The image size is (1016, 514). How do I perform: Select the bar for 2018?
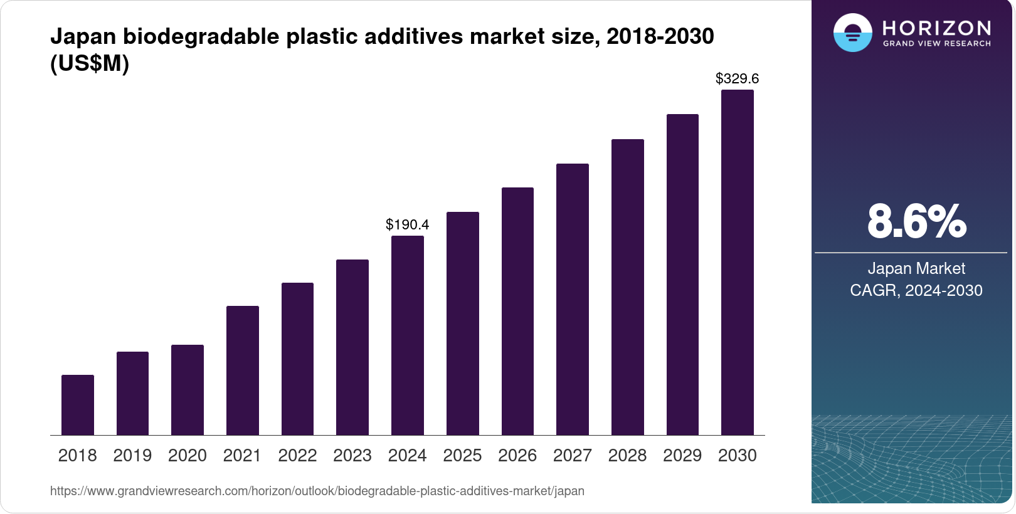tap(78, 405)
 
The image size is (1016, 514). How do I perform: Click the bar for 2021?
tap(243, 370)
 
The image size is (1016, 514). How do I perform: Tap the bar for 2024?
tap(408, 335)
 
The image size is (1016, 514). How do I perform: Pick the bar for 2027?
tap(573, 300)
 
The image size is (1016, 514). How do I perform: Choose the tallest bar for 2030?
tap(738, 263)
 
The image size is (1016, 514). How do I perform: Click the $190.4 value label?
tap(408, 224)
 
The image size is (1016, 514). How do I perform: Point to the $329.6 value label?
tap(738, 78)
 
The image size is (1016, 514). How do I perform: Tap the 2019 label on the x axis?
tap(132, 456)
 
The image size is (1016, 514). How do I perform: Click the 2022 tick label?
tap(297, 456)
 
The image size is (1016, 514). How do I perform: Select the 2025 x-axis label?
tap(462, 456)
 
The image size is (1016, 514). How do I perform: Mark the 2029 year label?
tap(682, 456)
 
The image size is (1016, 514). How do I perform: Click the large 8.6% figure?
tap(916, 221)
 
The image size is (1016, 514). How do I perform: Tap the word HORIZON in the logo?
tap(937, 28)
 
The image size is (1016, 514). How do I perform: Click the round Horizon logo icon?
tap(852, 33)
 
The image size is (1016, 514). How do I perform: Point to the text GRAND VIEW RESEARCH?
tap(937, 44)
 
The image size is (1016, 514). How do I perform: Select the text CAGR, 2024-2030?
tap(916, 290)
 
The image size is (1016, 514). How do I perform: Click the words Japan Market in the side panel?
tap(916, 268)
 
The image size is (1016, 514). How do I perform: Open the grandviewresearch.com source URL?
tap(317, 491)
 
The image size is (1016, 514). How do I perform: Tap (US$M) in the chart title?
tap(90, 63)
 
